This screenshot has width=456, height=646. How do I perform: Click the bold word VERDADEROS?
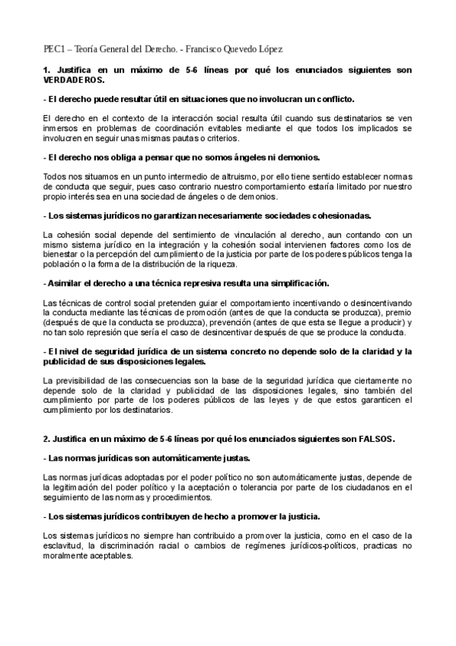pos(74,81)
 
